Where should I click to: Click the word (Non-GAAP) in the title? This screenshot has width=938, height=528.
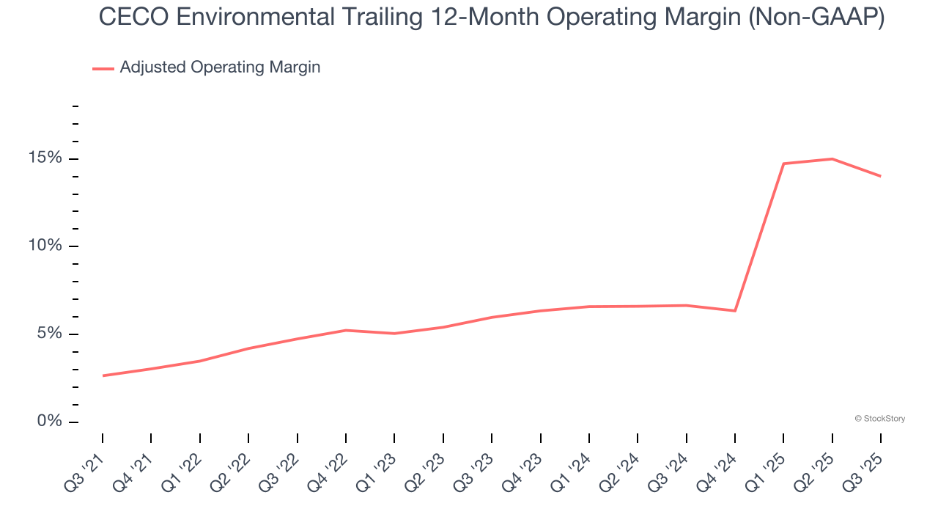(x=816, y=18)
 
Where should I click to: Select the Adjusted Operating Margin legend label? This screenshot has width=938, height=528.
(x=220, y=67)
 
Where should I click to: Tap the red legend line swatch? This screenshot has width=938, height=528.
(x=103, y=68)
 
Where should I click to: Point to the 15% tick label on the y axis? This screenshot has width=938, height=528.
(x=45, y=158)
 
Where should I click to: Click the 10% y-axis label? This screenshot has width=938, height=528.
(x=45, y=246)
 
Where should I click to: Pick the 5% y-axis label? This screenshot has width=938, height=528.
(x=50, y=334)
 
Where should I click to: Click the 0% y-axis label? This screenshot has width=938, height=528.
(x=50, y=422)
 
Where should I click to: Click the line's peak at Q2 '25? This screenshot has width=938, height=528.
(x=832, y=158)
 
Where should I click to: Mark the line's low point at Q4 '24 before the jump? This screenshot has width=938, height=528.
(x=734, y=311)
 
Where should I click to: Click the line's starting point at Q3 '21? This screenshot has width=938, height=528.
(x=103, y=375)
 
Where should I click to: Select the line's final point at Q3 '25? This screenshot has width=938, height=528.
(x=880, y=176)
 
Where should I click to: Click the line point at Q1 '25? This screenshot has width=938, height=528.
(x=783, y=164)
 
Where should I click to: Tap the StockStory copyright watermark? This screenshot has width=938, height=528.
(x=879, y=419)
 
